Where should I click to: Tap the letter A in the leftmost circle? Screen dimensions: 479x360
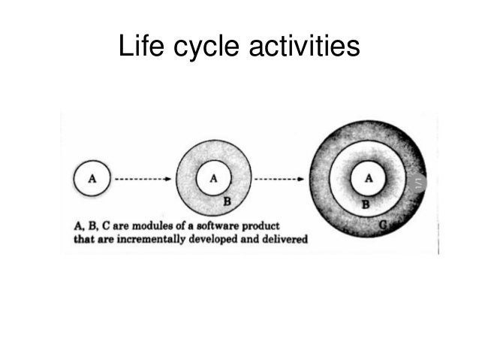(x=92, y=179)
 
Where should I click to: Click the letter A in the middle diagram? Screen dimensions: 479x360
(x=213, y=178)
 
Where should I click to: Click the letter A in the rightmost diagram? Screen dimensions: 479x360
(x=368, y=178)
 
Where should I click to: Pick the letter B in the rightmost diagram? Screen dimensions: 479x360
(x=366, y=204)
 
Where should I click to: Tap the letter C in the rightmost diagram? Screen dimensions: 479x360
(x=384, y=223)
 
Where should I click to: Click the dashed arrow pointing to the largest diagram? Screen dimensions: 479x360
(x=278, y=180)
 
